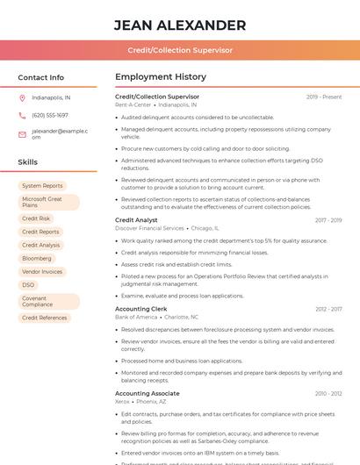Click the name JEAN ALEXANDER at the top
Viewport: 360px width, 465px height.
[180, 25]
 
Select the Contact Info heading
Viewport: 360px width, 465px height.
[41, 77]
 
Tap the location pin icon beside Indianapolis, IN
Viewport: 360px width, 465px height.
[22, 98]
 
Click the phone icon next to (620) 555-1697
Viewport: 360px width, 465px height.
[22, 115]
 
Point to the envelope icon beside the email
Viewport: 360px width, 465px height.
[22, 134]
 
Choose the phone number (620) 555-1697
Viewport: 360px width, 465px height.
[50, 115]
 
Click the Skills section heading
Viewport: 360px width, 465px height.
[28, 162]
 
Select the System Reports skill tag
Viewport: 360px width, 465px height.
[42, 186]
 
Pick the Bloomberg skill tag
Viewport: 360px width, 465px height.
[37, 259]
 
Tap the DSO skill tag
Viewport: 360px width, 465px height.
[28, 285]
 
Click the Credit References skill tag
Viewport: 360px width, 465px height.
[44, 318]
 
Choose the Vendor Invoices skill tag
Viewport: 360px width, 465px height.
[42, 272]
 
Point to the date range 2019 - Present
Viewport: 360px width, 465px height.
[324, 97]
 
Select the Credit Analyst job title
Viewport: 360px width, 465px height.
[136, 220]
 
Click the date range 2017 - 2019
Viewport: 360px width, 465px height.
[328, 220]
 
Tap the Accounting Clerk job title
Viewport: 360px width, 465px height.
[140, 309]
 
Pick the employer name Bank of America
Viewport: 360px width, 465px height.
[135, 317]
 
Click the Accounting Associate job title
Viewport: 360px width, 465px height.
[147, 394]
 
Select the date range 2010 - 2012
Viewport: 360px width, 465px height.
[328, 394]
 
